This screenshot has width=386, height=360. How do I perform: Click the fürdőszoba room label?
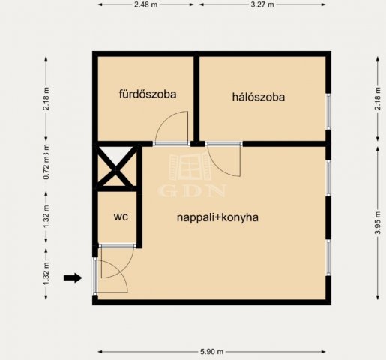pyautogui.click(x=148, y=94)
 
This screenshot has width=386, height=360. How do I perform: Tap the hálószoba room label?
pyautogui.click(x=259, y=97)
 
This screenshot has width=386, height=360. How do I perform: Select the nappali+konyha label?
pyautogui.click(x=217, y=217)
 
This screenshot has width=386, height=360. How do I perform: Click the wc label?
pyautogui.click(x=121, y=217)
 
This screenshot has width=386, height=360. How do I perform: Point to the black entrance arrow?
pyautogui.click(x=73, y=277)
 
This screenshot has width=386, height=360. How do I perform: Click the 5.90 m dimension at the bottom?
pyautogui.click(x=211, y=352)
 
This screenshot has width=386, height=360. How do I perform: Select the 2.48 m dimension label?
pyautogui.click(x=145, y=4)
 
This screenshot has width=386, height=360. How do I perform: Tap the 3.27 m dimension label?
pyautogui.click(x=262, y=4)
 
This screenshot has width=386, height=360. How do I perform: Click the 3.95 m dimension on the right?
pyautogui.click(x=378, y=223)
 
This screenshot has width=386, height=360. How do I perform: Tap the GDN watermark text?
pyautogui.click(x=193, y=190)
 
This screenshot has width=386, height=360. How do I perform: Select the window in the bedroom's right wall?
pyautogui.click(x=328, y=112)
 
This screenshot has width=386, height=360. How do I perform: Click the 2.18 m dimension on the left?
pyautogui.click(x=46, y=98)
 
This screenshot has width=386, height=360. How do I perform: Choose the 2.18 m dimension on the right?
pyautogui.click(x=378, y=98)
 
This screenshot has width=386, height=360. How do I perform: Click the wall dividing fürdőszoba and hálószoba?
pyautogui.click(x=196, y=99)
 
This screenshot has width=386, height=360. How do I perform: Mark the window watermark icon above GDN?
pyautogui.click(x=190, y=166)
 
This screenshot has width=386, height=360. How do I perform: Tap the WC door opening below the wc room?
pyautogui.click(x=117, y=246)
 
